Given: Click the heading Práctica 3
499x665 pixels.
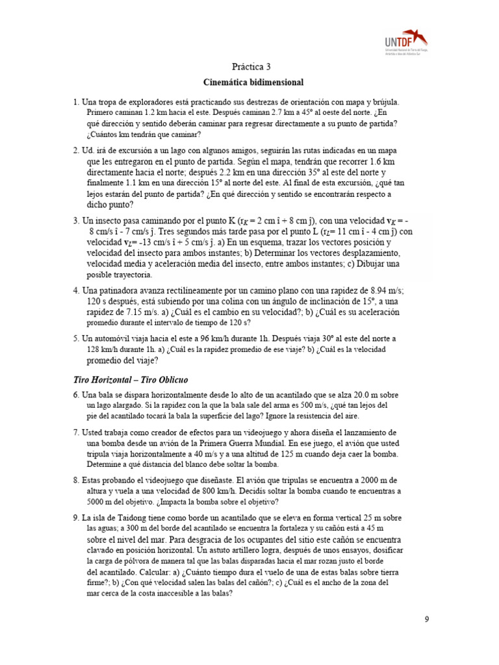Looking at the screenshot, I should click(x=251, y=67).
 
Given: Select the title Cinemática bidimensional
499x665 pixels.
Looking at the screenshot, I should click(x=253, y=82).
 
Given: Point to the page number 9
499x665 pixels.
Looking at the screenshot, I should click(x=427, y=619).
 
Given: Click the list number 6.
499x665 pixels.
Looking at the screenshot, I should click(x=76, y=395).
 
